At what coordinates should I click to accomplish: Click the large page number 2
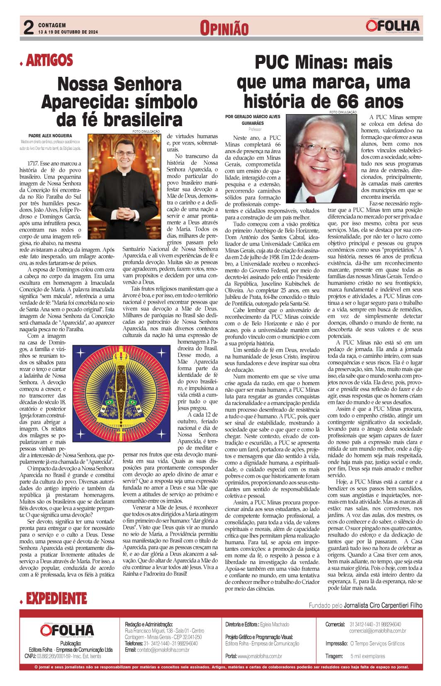point(28,28)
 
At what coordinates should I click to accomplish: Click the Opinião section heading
point(224,28)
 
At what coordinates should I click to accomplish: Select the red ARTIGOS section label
point(49,61)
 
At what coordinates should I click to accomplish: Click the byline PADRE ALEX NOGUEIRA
point(50,136)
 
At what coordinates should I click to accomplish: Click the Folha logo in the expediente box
point(67,630)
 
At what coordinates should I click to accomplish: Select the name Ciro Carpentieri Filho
point(383,605)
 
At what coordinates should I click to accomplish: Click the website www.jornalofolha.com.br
point(260,657)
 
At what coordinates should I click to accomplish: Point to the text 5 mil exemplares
point(368,657)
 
